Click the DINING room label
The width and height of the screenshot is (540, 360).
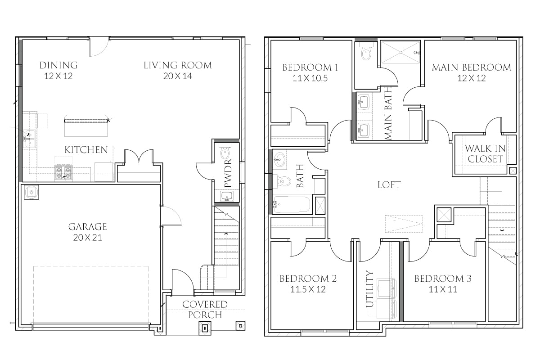coord(58,65)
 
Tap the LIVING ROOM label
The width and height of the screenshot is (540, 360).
coord(177,65)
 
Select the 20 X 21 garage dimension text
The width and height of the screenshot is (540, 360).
coord(88,238)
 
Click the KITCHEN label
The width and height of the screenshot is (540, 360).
coord(86,150)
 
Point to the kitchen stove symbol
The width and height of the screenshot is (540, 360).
coord(63,172)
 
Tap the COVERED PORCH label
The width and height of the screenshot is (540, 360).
coord(204,310)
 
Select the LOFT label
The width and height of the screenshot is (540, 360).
coord(389,185)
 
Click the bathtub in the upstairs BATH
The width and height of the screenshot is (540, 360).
coord(292,205)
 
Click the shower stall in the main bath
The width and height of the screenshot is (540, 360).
coord(400,52)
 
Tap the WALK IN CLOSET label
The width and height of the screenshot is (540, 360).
coord(485,153)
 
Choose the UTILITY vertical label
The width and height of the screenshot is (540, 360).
coord(370,288)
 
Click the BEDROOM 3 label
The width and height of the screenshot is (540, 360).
coord(442,279)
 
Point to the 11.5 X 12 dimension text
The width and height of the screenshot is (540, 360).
coord(308,289)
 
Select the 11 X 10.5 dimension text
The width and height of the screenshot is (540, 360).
coord(310,78)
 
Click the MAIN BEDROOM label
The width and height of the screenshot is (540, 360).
coord(471,67)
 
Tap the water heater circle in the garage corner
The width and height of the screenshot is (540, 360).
coord(31,193)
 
